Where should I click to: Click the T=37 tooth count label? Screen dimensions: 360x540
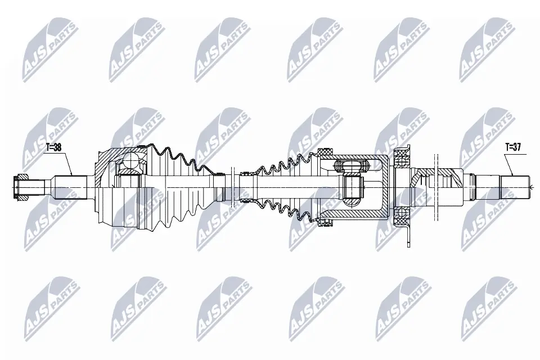point(512,147)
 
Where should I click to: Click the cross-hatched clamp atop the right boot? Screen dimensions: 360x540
point(324,152)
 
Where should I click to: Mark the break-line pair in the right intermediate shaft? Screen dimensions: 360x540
point(436,186)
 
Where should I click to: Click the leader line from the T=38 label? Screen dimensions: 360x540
point(67,163)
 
